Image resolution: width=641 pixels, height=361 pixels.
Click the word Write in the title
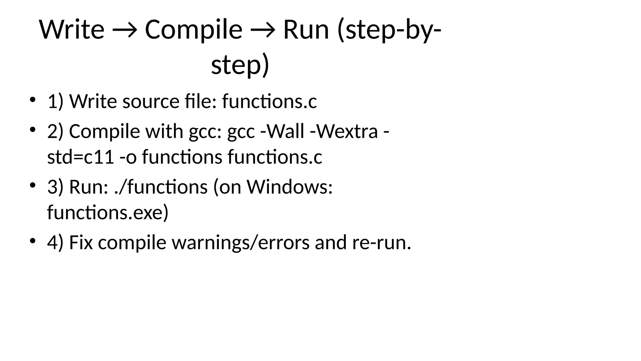point(72,30)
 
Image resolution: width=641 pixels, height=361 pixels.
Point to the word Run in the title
point(306,30)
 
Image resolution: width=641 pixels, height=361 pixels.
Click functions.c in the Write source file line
point(269,102)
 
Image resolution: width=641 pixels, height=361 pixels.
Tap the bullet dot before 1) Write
point(32,100)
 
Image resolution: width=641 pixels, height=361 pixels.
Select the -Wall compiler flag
point(282,131)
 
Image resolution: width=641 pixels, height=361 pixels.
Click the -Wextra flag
point(344,131)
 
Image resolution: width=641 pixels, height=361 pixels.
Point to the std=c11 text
point(80,157)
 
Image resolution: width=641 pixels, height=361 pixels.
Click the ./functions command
point(161,187)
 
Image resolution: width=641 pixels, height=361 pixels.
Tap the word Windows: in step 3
point(290,187)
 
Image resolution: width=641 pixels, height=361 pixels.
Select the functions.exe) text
point(108,212)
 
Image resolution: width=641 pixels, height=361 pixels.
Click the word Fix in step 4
point(81,242)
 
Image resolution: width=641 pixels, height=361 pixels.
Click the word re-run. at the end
point(381,243)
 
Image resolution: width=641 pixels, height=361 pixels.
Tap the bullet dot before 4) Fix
point(32,241)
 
